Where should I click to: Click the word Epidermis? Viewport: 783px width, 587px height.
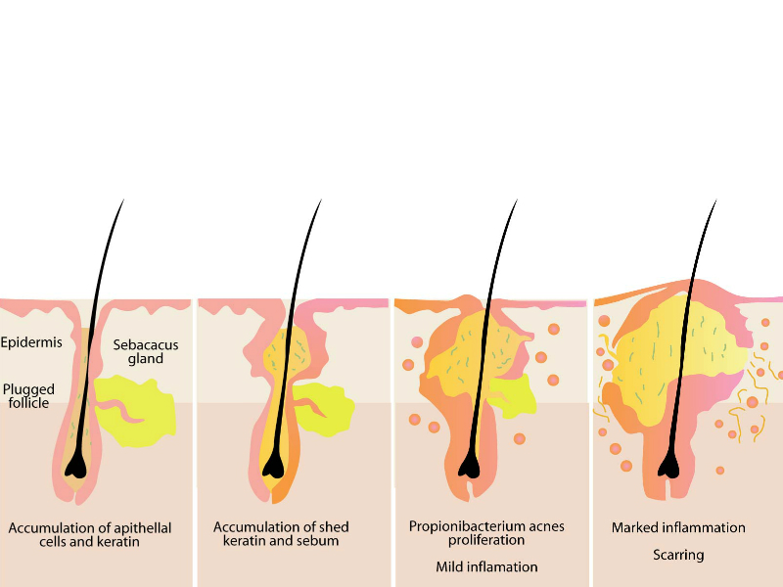31,342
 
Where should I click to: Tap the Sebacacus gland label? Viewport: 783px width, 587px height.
138,351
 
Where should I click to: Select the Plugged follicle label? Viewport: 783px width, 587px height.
28,395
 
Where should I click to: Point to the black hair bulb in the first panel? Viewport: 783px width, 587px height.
75,469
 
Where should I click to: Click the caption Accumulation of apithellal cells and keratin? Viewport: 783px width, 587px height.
90,534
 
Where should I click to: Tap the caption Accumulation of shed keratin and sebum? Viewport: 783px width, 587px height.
281,534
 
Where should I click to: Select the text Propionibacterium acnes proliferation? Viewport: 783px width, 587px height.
486,533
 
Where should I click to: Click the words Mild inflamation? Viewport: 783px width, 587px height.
486,566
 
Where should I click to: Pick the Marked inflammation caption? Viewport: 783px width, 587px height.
678,527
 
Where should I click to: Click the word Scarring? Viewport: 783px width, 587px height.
678,555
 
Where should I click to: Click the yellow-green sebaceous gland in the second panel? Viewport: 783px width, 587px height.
328,405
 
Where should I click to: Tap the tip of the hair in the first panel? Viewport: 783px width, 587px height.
123,201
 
